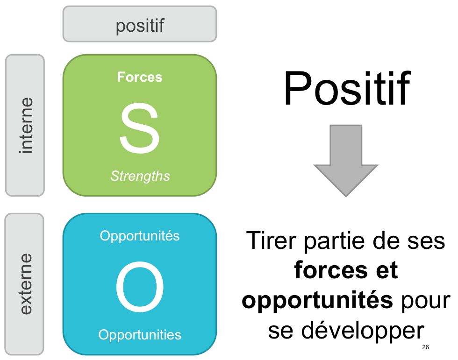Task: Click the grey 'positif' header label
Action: coord(140,25)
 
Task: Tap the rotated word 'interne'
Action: coord(25,125)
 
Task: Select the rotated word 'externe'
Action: coord(25,283)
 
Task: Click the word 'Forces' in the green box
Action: coord(140,77)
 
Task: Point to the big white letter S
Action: coord(140,128)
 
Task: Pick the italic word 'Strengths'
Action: coord(140,176)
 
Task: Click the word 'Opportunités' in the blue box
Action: coord(140,236)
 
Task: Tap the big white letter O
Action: coord(140,288)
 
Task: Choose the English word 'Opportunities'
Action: coord(140,334)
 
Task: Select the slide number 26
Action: coord(425,347)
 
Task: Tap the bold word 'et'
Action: coord(385,271)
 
